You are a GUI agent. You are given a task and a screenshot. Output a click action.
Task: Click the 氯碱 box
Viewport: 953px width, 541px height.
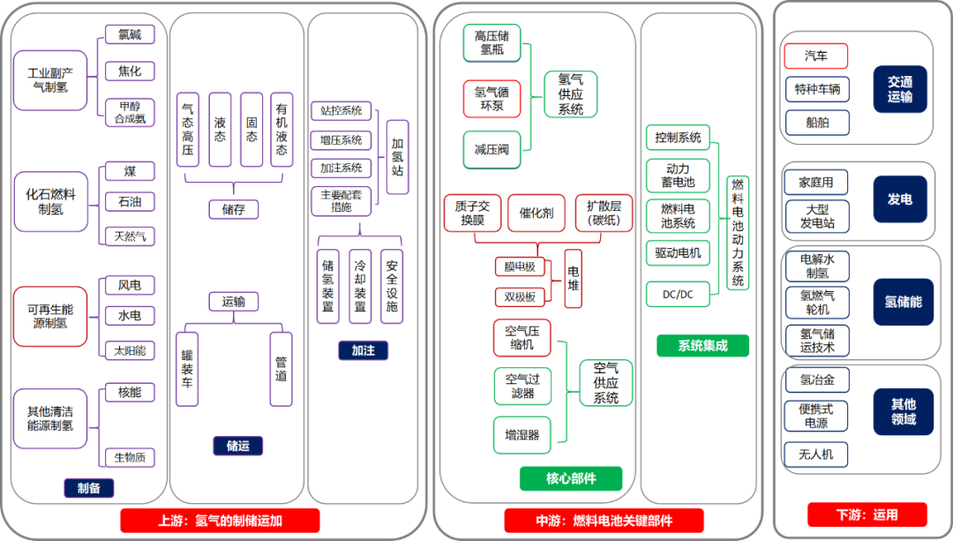[x=130, y=34]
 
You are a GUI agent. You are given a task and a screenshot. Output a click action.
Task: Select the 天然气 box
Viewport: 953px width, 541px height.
[x=130, y=236]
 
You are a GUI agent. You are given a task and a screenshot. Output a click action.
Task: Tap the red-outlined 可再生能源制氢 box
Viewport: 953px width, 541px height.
[x=50, y=317]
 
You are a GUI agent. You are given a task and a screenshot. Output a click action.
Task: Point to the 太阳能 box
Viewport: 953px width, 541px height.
[x=130, y=350]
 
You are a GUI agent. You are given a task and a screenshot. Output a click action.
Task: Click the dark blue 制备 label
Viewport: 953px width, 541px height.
[x=89, y=487]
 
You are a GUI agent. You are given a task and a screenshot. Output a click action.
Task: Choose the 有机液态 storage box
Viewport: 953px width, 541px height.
[x=281, y=130]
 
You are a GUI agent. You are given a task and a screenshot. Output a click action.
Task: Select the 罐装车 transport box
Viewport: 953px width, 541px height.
[x=187, y=369]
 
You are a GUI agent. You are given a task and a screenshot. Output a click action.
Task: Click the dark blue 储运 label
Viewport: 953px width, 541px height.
[x=238, y=446]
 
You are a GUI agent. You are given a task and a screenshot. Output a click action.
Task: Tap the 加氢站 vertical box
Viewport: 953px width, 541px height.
[x=397, y=157]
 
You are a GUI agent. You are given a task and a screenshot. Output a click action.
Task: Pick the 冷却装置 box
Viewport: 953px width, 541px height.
[x=360, y=286]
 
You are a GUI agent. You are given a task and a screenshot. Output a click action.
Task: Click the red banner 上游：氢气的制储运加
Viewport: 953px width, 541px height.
[x=220, y=521]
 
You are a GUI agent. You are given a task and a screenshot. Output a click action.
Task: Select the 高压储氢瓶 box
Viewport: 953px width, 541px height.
[x=492, y=43]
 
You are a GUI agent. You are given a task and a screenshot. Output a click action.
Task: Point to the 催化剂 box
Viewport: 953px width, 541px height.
[x=537, y=213]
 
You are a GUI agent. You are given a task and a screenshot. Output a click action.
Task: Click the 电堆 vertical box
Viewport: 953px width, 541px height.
[x=574, y=278]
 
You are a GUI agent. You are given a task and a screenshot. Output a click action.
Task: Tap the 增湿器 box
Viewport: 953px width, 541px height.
[x=522, y=434]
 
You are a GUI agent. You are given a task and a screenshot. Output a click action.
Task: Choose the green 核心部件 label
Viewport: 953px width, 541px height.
[x=571, y=478]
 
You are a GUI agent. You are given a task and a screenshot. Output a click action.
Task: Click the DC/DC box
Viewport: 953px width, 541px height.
[x=678, y=294]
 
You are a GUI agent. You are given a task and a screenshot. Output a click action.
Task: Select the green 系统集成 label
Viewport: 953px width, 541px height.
[x=702, y=345]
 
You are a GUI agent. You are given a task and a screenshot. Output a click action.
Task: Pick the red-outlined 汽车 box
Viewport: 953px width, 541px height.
[x=815, y=56]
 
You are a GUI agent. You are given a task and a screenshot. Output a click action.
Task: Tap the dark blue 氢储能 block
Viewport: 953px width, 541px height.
[x=904, y=302]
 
